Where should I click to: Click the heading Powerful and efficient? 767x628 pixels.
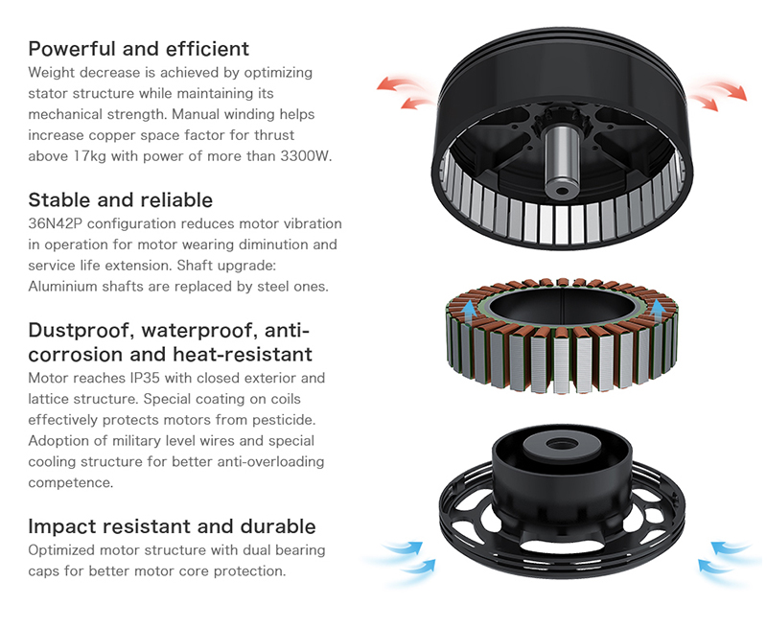pyautogui.click(x=138, y=49)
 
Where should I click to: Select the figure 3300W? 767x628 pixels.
pyautogui.click(x=306, y=156)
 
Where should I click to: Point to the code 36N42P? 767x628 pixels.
pyautogui.click(x=56, y=223)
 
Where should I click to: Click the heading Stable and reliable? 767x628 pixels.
pyautogui.click(x=121, y=200)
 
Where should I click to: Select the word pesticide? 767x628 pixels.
pyautogui.click(x=282, y=420)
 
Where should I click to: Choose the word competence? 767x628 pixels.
pyautogui.click(x=70, y=482)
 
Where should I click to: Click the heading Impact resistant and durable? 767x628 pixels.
pyautogui.click(x=172, y=526)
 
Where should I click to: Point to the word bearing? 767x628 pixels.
pyautogui.click(x=300, y=550)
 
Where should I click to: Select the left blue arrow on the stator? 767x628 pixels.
pyautogui.click(x=469, y=313)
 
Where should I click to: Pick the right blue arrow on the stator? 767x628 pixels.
pyautogui.click(x=657, y=313)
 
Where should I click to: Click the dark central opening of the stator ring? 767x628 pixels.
pyautogui.click(x=563, y=307)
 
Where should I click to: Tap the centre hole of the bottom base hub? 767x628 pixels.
pyautogui.click(x=562, y=444)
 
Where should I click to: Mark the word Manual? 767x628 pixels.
pyautogui.click(x=197, y=114)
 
